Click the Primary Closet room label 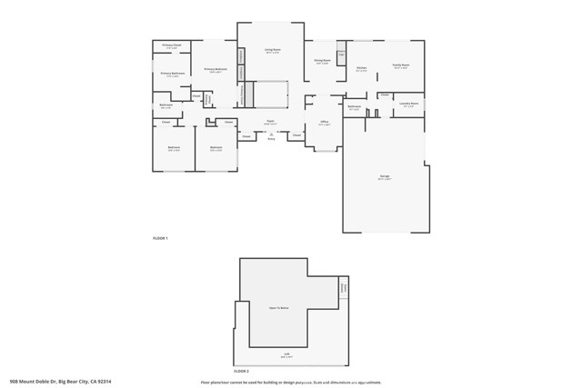click(x=172, y=45)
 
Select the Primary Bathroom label click(x=173, y=74)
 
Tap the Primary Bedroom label click(x=215, y=69)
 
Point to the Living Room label click(x=272, y=50)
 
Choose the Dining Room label click(x=322, y=61)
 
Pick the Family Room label click(x=400, y=65)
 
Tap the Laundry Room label click(x=409, y=104)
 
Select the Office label click(x=324, y=121)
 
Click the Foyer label click(x=270, y=121)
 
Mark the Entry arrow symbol click(x=271, y=134)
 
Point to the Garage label click(x=385, y=176)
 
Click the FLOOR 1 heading click(x=160, y=238)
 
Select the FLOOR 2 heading click(x=241, y=371)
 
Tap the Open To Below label click(x=278, y=308)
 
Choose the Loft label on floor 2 click(x=286, y=355)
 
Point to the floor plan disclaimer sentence click(x=291, y=382)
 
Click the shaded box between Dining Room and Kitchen click(x=341, y=53)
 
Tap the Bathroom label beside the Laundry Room click(x=355, y=107)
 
